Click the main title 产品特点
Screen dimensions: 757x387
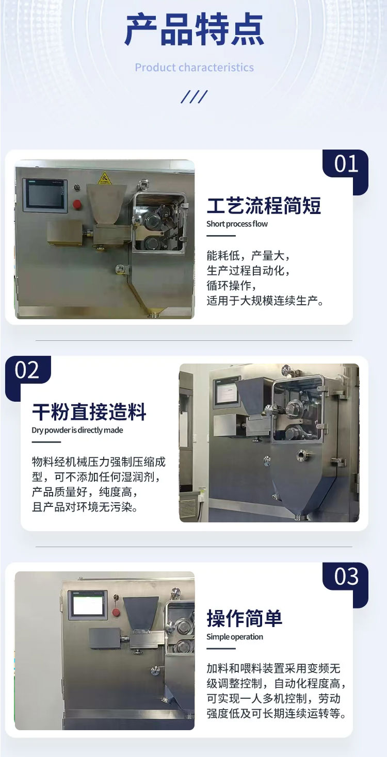click(x=194, y=30)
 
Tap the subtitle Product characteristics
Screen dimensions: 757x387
click(x=194, y=68)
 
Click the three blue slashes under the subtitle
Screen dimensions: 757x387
click(x=194, y=96)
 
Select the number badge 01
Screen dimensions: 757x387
click(x=346, y=164)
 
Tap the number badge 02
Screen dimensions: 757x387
click(x=27, y=371)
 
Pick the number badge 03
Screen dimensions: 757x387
click(x=346, y=577)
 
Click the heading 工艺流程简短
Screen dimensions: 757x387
click(x=264, y=206)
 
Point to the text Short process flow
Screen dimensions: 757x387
click(x=237, y=224)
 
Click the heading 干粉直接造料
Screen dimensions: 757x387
click(x=89, y=413)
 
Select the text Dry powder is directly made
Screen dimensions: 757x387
click(x=77, y=430)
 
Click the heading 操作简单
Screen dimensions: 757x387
click(x=245, y=618)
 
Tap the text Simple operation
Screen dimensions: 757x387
click(x=235, y=636)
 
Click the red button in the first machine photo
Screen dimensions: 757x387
click(x=77, y=204)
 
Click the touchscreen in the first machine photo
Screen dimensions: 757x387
click(x=45, y=195)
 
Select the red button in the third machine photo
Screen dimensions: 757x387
click(x=117, y=612)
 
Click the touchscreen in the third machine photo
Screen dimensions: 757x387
click(x=88, y=604)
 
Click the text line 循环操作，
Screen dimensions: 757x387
click(x=232, y=285)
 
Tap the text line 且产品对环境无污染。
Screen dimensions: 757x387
click(x=85, y=507)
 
